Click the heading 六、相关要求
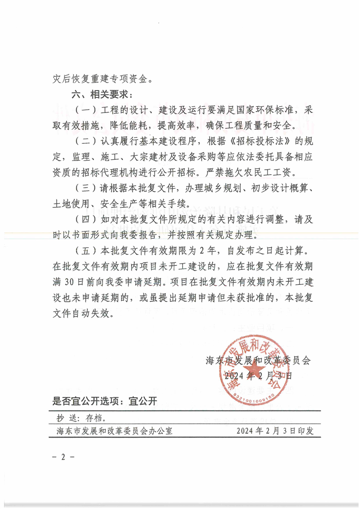[x=101, y=96]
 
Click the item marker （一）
[x=83, y=110]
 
